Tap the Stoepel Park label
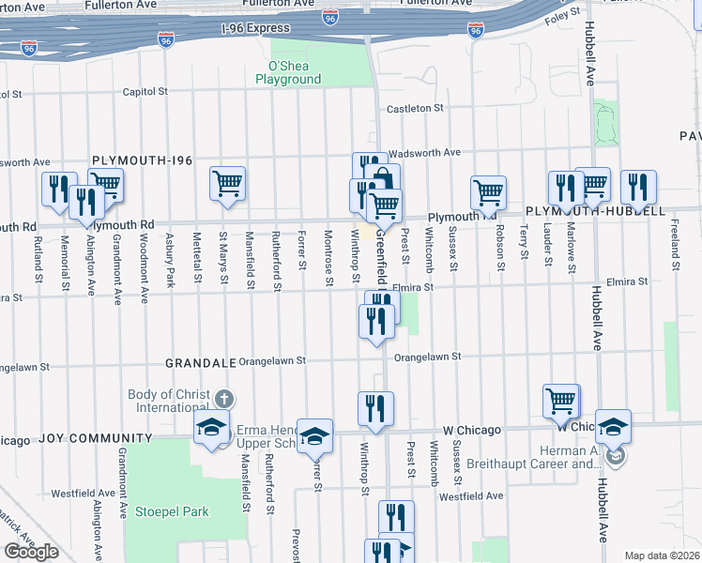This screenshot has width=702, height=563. [x=171, y=512]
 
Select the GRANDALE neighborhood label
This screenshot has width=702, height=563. [x=198, y=362]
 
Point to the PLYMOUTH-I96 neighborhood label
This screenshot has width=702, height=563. [x=142, y=160]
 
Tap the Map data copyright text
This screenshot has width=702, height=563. [x=662, y=555]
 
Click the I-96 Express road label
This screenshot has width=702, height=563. [x=256, y=28]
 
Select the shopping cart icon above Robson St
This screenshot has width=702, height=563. [x=488, y=192]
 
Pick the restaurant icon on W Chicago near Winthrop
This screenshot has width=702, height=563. [x=375, y=408]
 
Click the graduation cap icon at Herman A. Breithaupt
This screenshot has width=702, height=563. [x=613, y=426]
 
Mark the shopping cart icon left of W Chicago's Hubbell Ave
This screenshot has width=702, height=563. [x=560, y=401]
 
